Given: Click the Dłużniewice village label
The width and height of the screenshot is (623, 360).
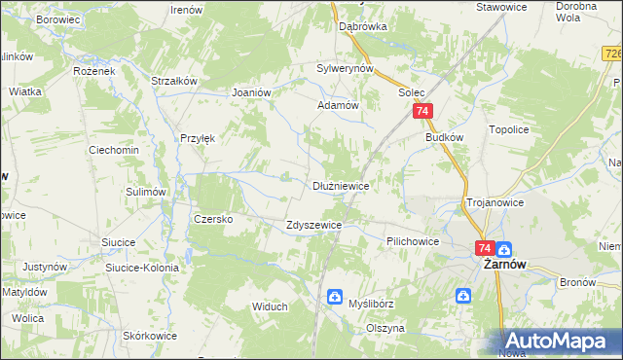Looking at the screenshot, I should click(340, 185).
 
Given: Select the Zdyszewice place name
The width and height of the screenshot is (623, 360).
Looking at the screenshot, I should click(312, 225).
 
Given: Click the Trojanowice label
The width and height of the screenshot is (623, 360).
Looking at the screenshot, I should click(495, 202).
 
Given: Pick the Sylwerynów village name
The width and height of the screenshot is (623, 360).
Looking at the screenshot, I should click(346, 69).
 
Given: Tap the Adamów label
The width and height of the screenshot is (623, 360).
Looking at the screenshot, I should click(339, 104).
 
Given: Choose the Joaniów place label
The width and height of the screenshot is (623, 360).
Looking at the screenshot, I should click(250, 91).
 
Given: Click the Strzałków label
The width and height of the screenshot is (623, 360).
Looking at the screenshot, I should click(175, 81).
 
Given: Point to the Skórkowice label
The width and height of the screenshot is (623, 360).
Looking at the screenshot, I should click(150, 336).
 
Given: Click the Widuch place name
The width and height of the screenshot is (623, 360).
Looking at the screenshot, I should click(270, 306).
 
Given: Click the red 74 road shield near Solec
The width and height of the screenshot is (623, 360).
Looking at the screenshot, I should click(422, 113).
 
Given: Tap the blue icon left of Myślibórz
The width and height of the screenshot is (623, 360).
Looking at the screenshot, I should click(335, 296).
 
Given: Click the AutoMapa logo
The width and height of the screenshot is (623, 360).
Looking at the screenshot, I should click(559, 342).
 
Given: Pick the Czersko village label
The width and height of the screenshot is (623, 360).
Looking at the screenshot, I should click(213, 219).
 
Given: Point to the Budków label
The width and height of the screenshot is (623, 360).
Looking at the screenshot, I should click(443, 138).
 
